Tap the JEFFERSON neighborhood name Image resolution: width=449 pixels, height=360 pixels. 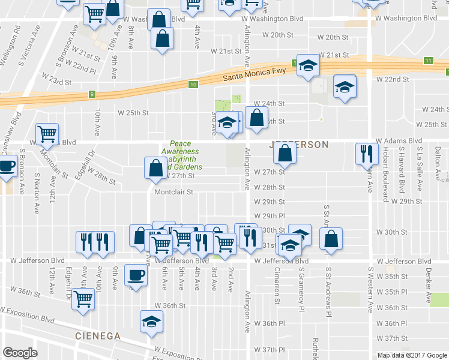[299, 145]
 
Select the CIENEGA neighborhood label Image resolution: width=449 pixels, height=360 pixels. [99, 335]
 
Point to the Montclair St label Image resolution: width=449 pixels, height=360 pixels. [173, 193]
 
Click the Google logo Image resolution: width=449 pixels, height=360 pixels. [20, 353]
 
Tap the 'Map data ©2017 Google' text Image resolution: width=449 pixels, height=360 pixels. [412, 355]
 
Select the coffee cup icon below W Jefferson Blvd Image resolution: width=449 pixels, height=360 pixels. [136, 275]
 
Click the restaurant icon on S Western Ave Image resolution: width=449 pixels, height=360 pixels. [366, 154]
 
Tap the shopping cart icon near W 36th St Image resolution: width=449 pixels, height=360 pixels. [83, 298]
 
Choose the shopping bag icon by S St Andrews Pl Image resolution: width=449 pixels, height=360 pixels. [331, 239]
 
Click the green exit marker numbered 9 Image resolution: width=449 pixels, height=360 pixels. [92, 94]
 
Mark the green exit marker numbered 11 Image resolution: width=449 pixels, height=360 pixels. [428, 61]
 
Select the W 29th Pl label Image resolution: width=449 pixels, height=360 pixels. [268, 216]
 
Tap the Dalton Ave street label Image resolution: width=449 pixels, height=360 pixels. [438, 162]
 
